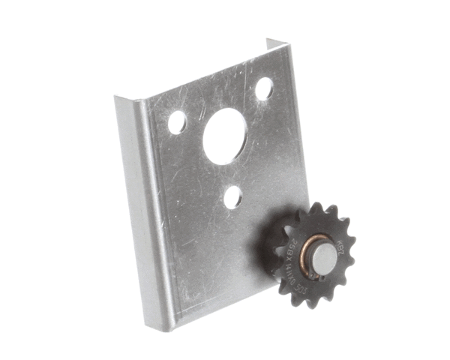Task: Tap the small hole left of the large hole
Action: [177, 122]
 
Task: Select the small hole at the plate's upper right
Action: [263, 88]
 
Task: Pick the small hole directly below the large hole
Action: [233, 197]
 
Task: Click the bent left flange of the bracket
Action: [142, 210]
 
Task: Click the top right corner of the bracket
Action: [286, 43]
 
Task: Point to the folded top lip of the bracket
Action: [202, 71]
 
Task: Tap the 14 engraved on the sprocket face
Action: [289, 259]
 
